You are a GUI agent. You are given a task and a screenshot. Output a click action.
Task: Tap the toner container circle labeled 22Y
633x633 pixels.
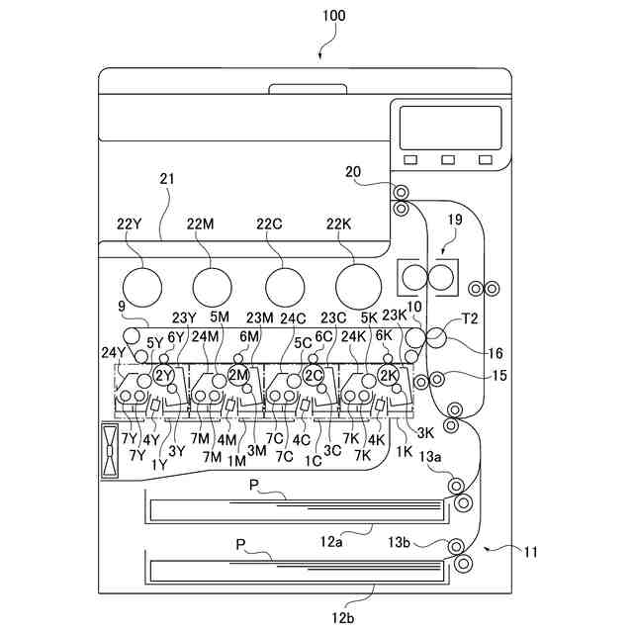pos(138,287)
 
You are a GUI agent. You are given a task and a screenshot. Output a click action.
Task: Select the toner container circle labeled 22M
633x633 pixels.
pos(212,287)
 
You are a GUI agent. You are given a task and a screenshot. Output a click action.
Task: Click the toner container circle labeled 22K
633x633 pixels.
pos(358,287)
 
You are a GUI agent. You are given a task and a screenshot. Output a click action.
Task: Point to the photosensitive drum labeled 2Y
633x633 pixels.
pos(164,376)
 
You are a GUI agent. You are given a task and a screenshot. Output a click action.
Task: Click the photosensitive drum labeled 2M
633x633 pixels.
pos(238,376)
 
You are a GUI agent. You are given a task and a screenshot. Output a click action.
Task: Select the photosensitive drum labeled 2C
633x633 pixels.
pos(314,376)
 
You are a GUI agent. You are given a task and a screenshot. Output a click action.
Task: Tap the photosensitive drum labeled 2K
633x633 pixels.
pos(388,376)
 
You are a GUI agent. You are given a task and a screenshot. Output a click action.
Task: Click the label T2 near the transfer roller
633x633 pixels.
pos(470,319)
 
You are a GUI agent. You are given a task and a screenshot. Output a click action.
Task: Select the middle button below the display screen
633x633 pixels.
pos(449,159)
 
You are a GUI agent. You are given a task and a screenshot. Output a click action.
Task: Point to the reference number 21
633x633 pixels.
pos(166,179)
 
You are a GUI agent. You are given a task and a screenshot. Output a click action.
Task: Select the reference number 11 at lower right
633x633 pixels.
pos(530,552)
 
